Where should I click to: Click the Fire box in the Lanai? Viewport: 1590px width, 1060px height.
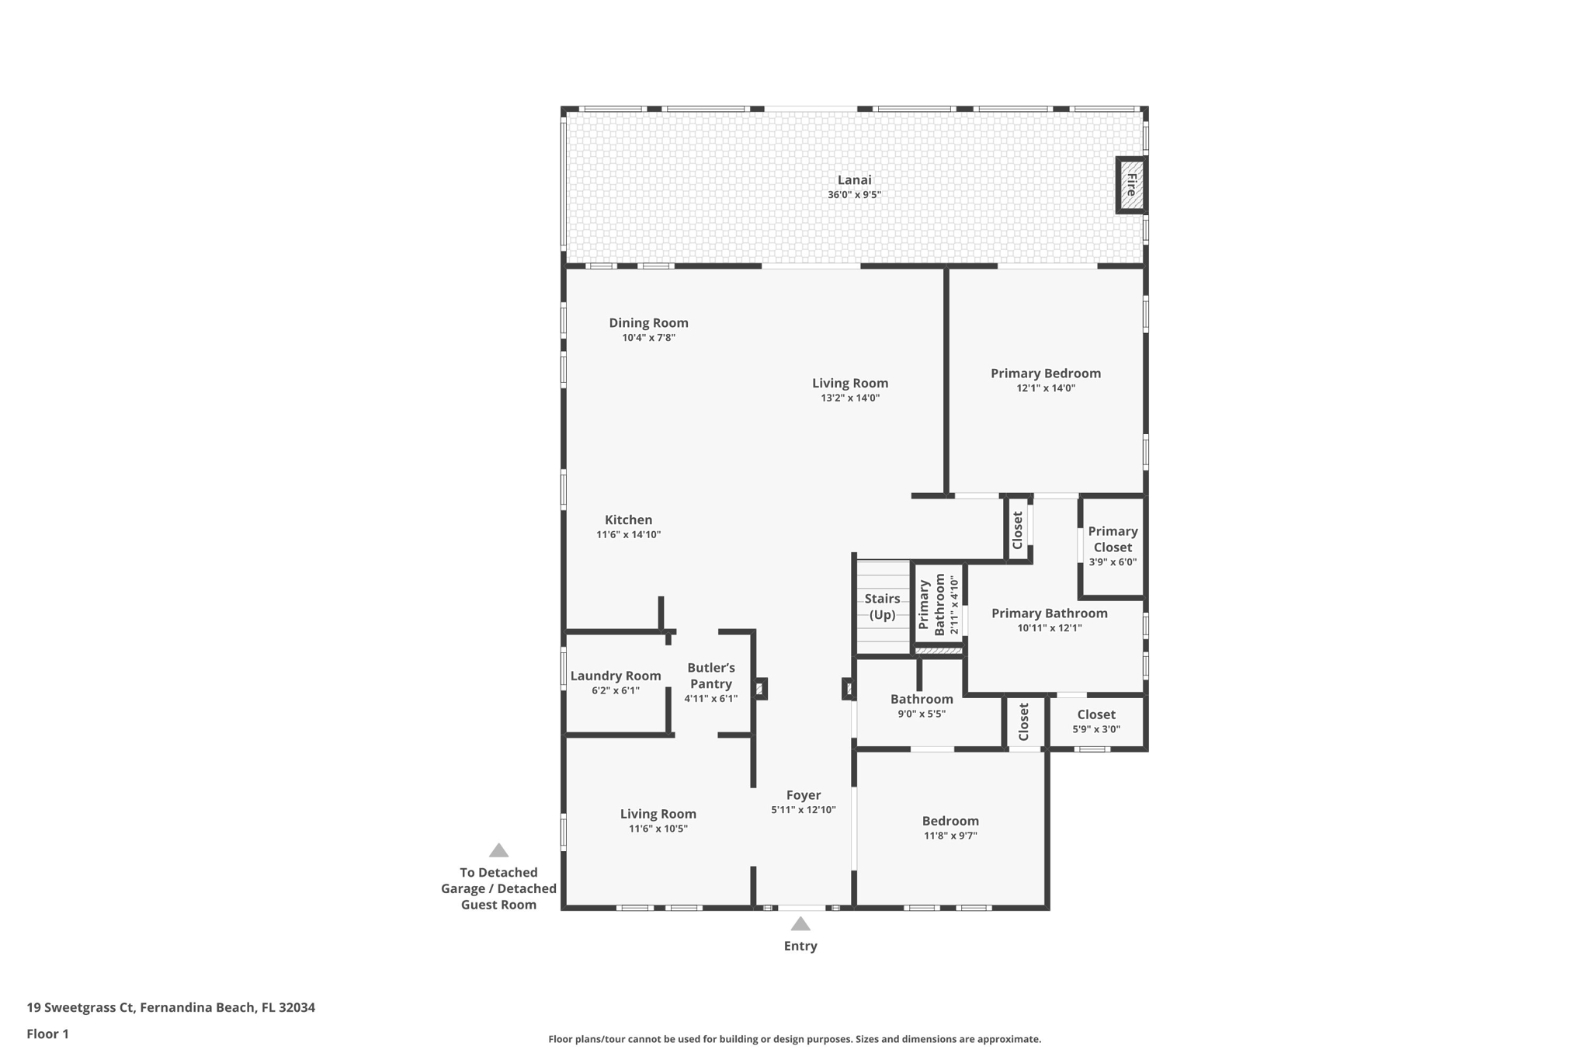1131,185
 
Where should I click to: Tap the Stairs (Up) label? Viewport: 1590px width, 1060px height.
882,606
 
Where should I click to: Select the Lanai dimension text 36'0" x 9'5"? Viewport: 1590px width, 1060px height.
854,195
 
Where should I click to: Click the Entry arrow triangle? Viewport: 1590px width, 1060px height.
800,923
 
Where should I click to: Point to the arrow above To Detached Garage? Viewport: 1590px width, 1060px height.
498,850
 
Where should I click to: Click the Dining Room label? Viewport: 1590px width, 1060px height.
648,323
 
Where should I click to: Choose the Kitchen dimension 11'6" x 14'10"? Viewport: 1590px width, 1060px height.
628,534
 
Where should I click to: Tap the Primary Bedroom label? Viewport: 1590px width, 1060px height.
1046,374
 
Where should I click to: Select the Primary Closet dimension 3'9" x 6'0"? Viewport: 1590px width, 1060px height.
1113,562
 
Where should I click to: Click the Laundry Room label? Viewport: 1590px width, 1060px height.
616,676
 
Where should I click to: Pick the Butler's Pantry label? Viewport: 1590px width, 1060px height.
711,676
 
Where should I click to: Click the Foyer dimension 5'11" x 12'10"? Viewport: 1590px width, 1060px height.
804,810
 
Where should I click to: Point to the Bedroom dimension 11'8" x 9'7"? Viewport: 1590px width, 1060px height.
950,836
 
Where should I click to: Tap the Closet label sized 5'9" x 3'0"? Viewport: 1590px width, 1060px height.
1096,714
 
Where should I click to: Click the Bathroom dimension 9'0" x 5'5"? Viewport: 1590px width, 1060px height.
922,714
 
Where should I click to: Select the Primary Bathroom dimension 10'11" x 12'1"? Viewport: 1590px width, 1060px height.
1050,628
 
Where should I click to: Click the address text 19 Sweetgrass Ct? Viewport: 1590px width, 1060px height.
81,1008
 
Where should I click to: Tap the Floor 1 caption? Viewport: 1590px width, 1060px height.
47,1034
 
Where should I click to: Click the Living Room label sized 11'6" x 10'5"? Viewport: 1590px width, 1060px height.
658,814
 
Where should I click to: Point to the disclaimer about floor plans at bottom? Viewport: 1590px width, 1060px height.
794,1039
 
